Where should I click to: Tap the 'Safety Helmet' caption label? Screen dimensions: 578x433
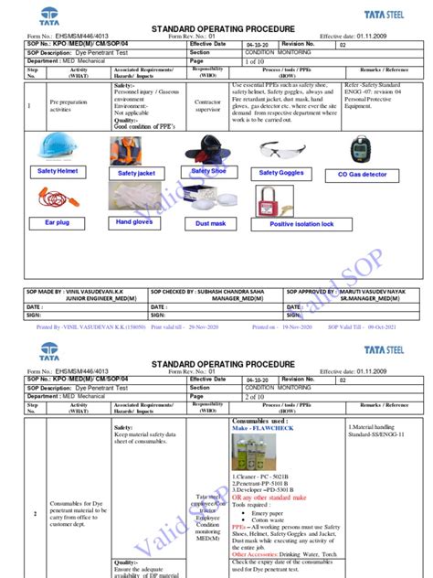[57, 171]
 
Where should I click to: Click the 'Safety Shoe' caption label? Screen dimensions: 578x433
[208, 171]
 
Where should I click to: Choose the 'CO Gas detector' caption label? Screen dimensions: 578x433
[363, 174]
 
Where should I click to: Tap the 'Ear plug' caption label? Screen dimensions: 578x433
[57, 222]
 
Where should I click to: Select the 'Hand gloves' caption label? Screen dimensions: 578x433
[134, 222]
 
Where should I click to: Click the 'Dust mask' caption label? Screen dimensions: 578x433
[210, 223]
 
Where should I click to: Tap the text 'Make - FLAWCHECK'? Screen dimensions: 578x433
[259, 427]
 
